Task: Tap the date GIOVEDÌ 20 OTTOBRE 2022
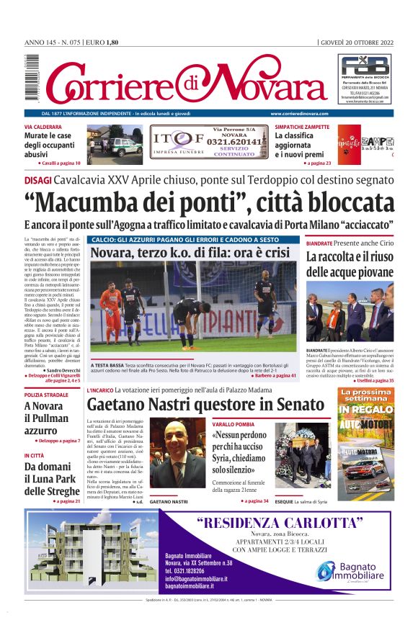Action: (357, 42)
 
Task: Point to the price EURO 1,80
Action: (102, 42)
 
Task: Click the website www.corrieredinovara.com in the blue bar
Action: (299, 114)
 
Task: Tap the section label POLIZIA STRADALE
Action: (47, 395)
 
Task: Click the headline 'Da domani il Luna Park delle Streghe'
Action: (51, 479)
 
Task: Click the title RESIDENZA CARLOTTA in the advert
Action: (279, 523)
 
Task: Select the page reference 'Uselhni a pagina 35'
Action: (373, 380)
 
